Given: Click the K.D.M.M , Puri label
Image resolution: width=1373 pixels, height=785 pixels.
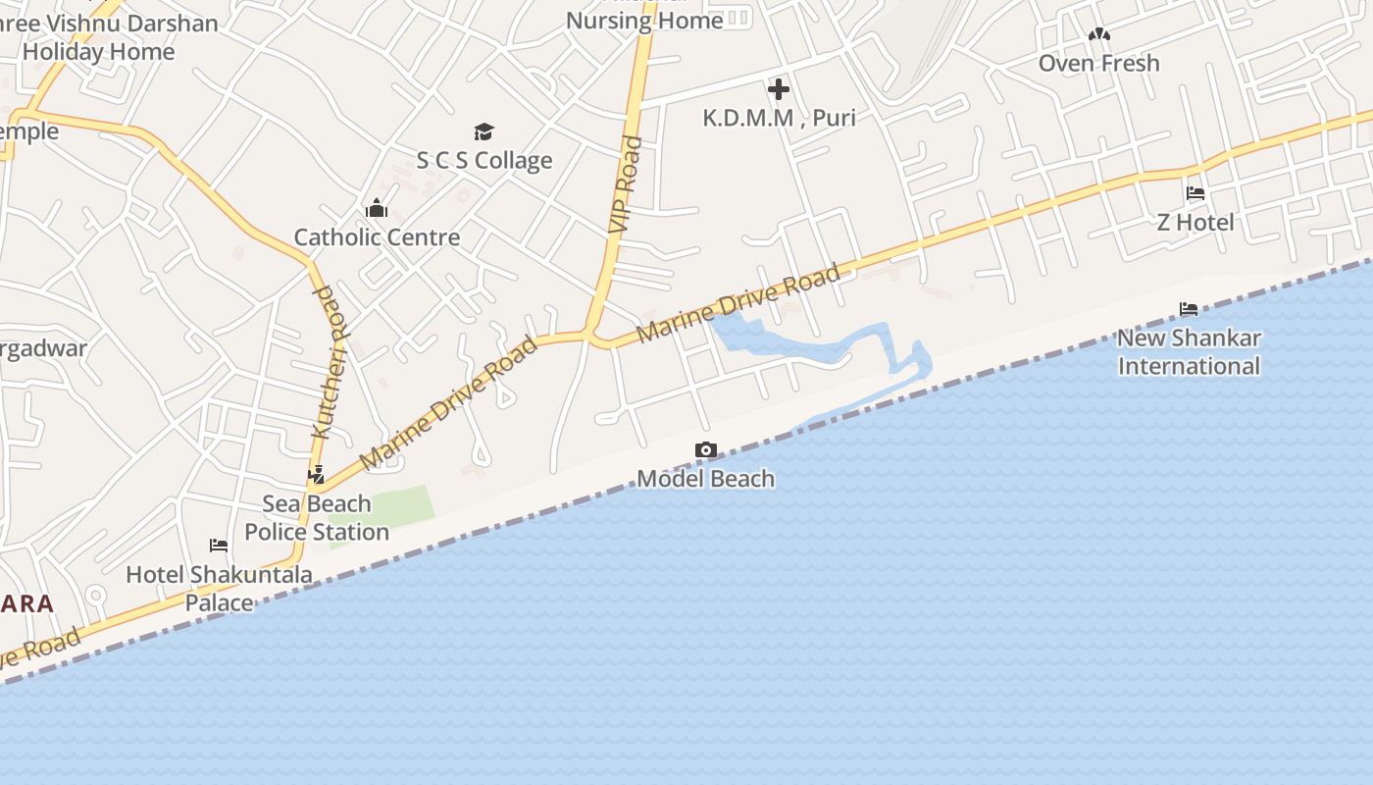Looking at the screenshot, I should coord(779,118).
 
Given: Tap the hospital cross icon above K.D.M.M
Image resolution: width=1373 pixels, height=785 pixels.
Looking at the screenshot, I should coord(779,90).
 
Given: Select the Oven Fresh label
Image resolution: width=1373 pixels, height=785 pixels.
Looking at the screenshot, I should coord(1098,63).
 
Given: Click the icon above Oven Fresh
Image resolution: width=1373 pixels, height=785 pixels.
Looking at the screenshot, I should coord(1099,35).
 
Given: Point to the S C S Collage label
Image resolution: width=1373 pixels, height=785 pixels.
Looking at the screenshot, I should coord(484,160).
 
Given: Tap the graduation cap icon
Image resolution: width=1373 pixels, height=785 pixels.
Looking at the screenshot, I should coord(483,132).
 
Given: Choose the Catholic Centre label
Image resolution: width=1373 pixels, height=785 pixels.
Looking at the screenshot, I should coord(377,236).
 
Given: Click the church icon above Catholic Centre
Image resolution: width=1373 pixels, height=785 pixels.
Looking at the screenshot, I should coord(377,208).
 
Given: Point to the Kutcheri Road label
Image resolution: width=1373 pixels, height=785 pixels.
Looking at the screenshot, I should coord(330,361).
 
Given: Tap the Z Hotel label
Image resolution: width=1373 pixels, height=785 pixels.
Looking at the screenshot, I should coord(1195,222).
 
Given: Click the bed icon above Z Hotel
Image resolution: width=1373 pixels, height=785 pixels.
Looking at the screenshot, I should coord(1195,193).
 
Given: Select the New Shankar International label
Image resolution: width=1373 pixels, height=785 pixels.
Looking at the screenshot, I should coord(1189,351).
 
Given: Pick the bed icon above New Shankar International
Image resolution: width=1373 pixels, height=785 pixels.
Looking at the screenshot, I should coord(1189,310).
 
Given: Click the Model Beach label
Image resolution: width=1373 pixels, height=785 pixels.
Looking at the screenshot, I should coord(706,479).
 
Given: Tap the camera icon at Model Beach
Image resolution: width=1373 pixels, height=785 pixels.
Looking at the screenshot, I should coord(705,450).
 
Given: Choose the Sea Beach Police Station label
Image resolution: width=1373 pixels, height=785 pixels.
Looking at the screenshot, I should coord(317,517).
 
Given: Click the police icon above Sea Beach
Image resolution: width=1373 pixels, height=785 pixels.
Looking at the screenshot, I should coord(316,476).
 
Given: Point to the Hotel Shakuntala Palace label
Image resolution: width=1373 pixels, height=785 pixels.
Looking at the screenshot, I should coord(220,588).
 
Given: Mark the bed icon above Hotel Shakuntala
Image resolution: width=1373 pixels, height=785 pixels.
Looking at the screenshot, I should coord(219,546).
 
